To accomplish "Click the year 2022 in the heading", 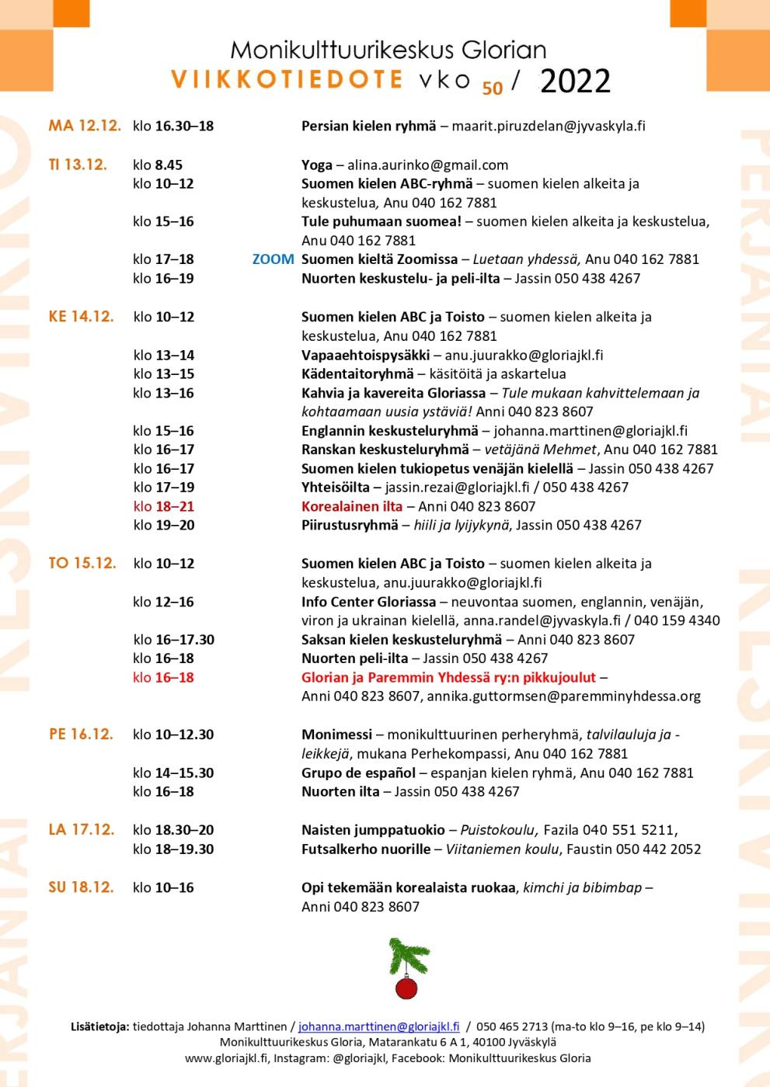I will [x=575, y=81].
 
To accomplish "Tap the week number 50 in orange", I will [x=492, y=89].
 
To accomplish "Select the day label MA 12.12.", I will [x=85, y=126].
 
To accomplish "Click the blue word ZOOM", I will [x=273, y=259].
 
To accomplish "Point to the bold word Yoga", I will [x=316, y=165].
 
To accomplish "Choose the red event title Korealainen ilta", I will [x=352, y=506].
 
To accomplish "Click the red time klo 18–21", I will [x=163, y=506].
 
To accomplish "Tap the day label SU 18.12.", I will [x=81, y=887].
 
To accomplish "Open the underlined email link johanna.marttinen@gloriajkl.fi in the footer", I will [x=378, y=1026].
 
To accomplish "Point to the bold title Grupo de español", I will [x=358, y=773].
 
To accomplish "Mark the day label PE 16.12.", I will [x=81, y=734].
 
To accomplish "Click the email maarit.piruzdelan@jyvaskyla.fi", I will [x=549, y=126].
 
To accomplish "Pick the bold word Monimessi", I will [x=335, y=734].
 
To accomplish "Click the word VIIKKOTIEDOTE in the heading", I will [x=287, y=79].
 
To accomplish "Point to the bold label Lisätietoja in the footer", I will [x=99, y=1026].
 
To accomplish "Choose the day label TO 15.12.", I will [x=82, y=563].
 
